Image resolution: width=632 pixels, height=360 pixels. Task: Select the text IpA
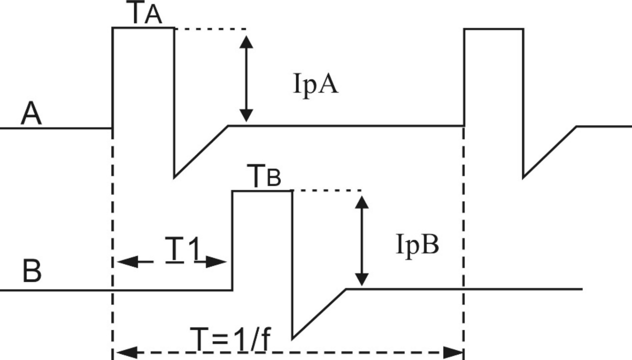click(315, 85)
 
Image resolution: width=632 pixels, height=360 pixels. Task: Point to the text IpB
click(417, 245)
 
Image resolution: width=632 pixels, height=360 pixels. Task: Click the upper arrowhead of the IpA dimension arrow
click(245, 40)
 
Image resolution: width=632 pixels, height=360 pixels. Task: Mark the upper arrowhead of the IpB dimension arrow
click(361, 200)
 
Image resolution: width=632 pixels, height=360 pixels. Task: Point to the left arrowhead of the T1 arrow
click(125, 261)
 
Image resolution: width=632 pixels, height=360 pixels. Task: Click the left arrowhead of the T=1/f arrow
click(123, 351)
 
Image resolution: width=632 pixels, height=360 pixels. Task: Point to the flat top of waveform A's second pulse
click(494, 29)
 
